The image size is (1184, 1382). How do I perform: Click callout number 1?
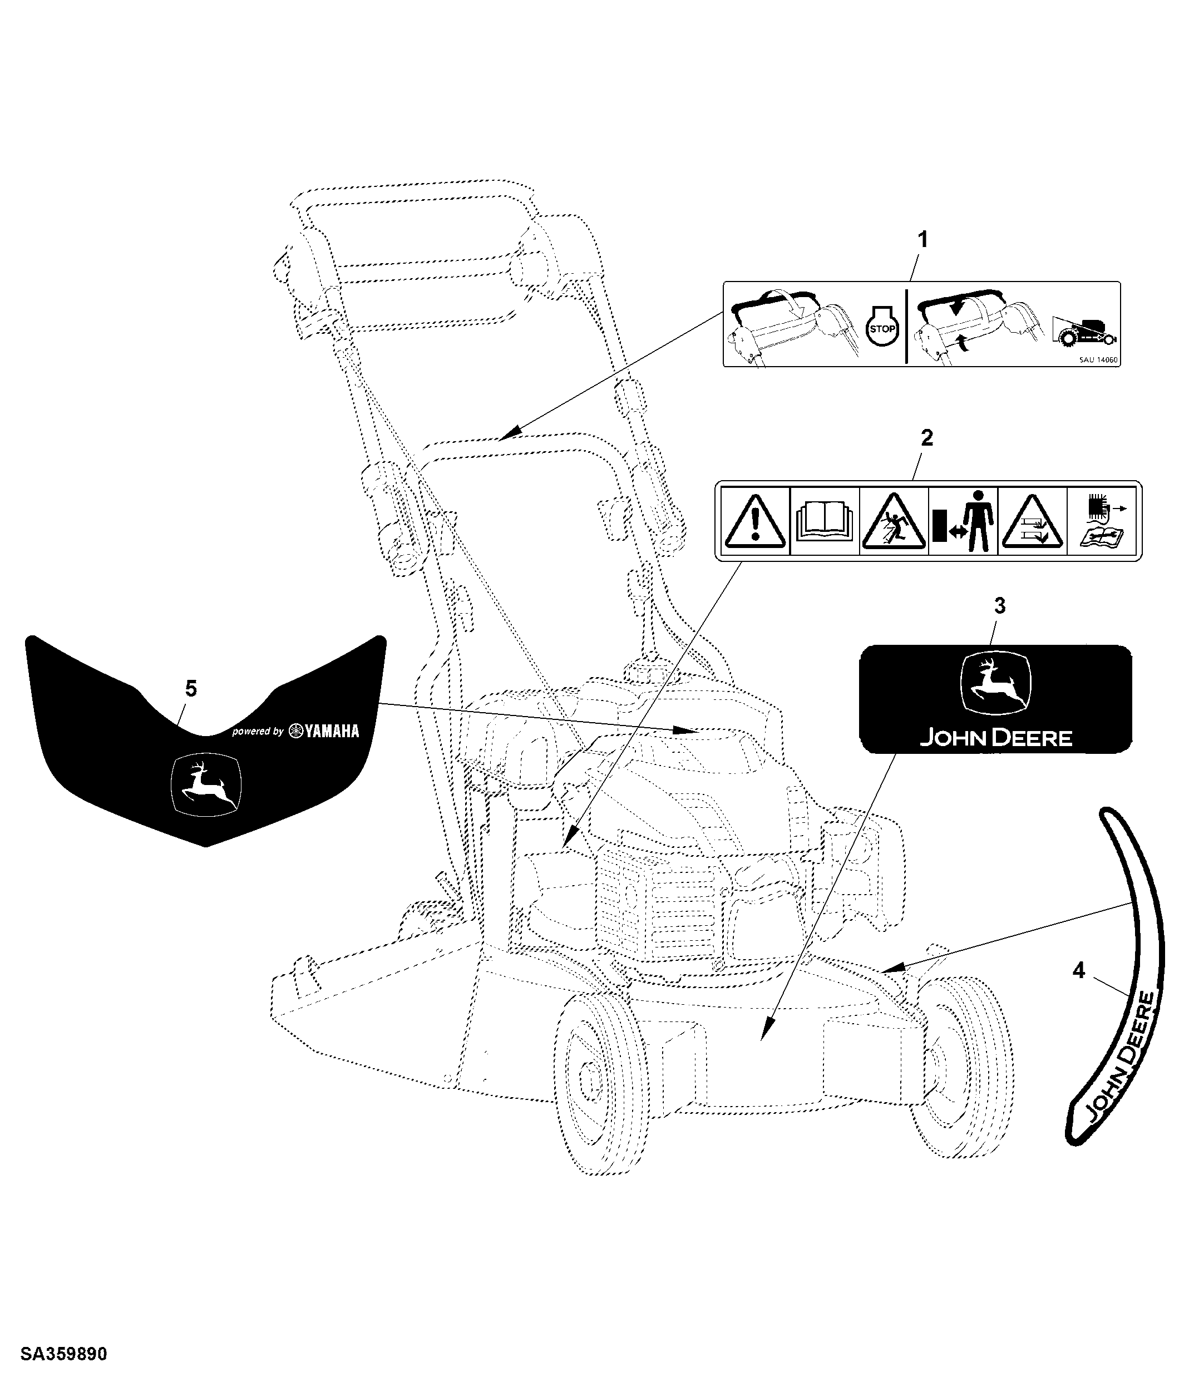coord(923,239)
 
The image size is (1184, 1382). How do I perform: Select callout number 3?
coord(999,606)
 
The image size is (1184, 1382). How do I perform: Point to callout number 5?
coord(191,688)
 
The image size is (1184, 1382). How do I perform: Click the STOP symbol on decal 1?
coord(882,329)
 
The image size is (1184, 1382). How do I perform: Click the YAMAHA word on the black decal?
coord(332,731)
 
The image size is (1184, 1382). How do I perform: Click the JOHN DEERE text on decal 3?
coord(996,738)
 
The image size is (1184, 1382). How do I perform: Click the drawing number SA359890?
coord(63,1355)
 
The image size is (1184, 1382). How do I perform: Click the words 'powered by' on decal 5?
coord(258,732)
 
